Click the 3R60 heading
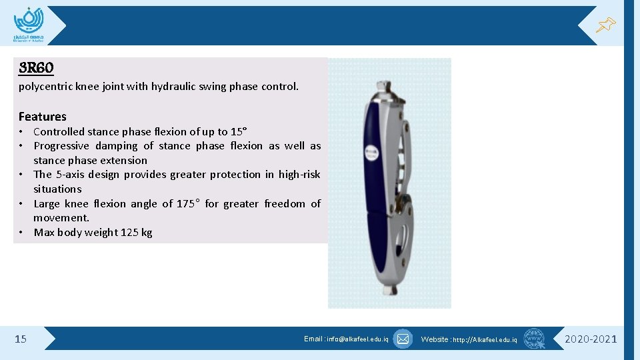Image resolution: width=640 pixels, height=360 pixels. tap(37, 68)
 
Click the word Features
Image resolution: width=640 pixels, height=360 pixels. tap(43, 116)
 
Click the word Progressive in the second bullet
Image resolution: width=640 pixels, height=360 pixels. tap(62, 145)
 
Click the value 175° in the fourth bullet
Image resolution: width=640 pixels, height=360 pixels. tap(188, 203)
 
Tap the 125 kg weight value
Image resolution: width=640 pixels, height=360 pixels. tap(137, 232)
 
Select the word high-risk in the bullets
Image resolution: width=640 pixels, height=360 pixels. tap(299, 175)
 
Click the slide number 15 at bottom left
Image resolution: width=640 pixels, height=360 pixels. tap(21, 339)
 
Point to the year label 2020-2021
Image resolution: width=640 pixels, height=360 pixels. tap(591, 339)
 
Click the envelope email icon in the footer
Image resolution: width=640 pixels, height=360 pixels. tap(403, 339)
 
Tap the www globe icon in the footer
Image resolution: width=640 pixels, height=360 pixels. tap(534, 339)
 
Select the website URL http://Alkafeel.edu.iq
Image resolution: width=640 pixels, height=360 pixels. tap(485, 339)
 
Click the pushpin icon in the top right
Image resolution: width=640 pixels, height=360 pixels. tap(605, 25)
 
